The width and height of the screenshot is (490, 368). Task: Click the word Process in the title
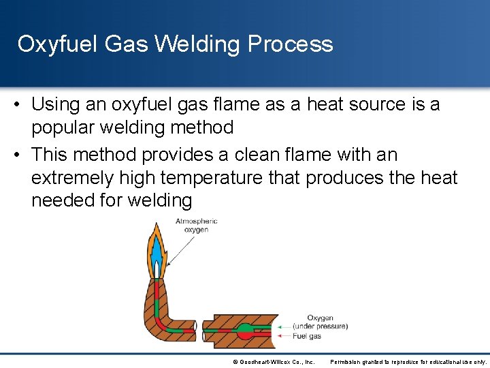[x=291, y=44]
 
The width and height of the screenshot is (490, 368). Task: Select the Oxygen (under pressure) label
[x=320, y=322]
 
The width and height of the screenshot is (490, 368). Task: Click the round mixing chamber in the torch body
[x=245, y=333]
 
